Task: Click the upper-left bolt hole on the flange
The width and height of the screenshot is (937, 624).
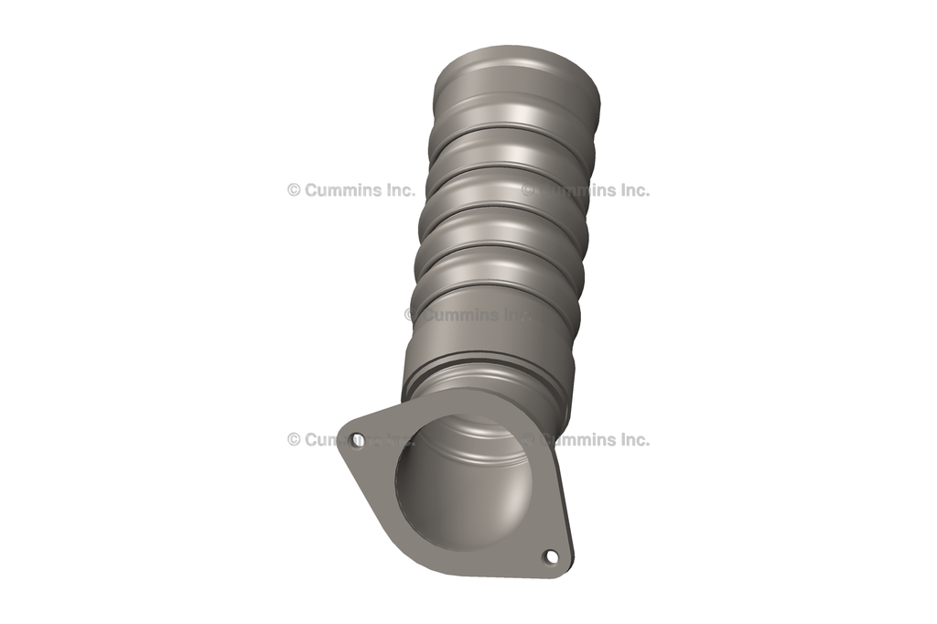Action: [x=358, y=440]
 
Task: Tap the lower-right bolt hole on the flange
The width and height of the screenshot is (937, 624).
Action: [x=550, y=555]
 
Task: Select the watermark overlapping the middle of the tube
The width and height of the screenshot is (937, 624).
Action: [x=467, y=315]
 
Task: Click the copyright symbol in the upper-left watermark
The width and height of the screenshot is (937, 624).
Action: [x=294, y=190]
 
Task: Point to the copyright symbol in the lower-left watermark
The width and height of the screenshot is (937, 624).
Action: [x=294, y=439]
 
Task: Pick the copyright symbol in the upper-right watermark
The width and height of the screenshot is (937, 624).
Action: [x=529, y=190]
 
